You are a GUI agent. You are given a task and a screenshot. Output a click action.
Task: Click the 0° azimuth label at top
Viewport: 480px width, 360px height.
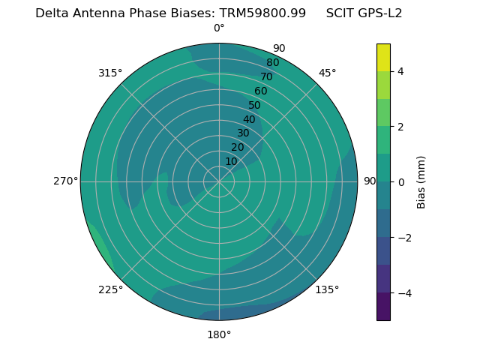pyautogui.click(x=219, y=28)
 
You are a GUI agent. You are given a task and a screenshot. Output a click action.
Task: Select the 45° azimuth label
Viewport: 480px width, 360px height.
pyautogui.click(x=327, y=73)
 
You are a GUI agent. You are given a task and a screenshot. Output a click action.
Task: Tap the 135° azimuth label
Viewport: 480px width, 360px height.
pyautogui.click(x=327, y=289)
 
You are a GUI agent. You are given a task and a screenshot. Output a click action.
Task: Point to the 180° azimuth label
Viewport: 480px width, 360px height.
pyautogui.click(x=219, y=334)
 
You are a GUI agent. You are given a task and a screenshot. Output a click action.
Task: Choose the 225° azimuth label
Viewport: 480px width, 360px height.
pyautogui.click(x=110, y=289)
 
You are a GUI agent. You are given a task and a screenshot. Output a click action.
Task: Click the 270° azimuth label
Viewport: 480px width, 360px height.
pyautogui.click(x=65, y=181)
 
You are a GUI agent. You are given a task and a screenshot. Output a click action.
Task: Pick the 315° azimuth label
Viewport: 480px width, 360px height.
pyautogui.click(x=110, y=73)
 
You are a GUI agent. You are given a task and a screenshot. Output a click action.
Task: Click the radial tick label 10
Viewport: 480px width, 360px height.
pyautogui.click(x=231, y=161)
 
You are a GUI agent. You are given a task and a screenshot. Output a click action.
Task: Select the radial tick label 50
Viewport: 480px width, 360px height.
pyautogui.click(x=255, y=106)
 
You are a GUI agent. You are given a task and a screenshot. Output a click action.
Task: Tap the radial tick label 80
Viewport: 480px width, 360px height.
pyautogui.click(x=273, y=63)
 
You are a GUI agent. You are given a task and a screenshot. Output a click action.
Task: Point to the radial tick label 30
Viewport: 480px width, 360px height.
pyautogui.click(x=243, y=133)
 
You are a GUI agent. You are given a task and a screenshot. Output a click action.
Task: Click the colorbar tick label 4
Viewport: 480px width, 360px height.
pyautogui.click(x=400, y=71)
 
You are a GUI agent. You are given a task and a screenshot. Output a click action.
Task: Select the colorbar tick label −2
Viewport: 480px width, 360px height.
pyautogui.click(x=400, y=238)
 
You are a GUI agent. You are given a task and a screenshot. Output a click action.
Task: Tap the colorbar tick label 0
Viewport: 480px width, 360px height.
pyautogui.click(x=400, y=182)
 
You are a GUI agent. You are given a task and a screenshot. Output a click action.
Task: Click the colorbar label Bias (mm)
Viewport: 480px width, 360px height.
pyautogui.click(x=421, y=182)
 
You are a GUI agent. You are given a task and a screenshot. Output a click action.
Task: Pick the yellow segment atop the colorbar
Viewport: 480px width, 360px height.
pyautogui.click(x=383, y=58)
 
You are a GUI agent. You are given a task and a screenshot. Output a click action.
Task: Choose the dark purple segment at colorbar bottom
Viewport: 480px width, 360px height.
pyautogui.click(x=383, y=306)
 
